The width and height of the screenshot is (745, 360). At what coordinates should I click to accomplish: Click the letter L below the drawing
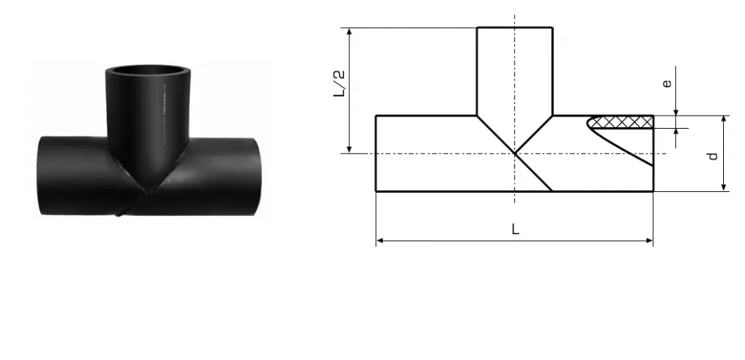click(x=515, y=228)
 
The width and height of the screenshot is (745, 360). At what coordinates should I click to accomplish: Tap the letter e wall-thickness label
click(x=666, y=84)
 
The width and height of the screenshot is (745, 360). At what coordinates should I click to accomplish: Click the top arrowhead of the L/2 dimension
click(x=350, y=31)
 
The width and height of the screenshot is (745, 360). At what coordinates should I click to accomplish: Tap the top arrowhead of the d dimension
click(x=724, y=119)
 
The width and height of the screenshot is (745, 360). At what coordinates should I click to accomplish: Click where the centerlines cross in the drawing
click(x=514, y=153)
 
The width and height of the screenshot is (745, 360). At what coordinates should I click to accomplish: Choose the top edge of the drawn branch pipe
click(x=514, y=28)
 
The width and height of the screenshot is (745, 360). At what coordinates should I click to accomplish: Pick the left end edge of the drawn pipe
click(x=376, y=153)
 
